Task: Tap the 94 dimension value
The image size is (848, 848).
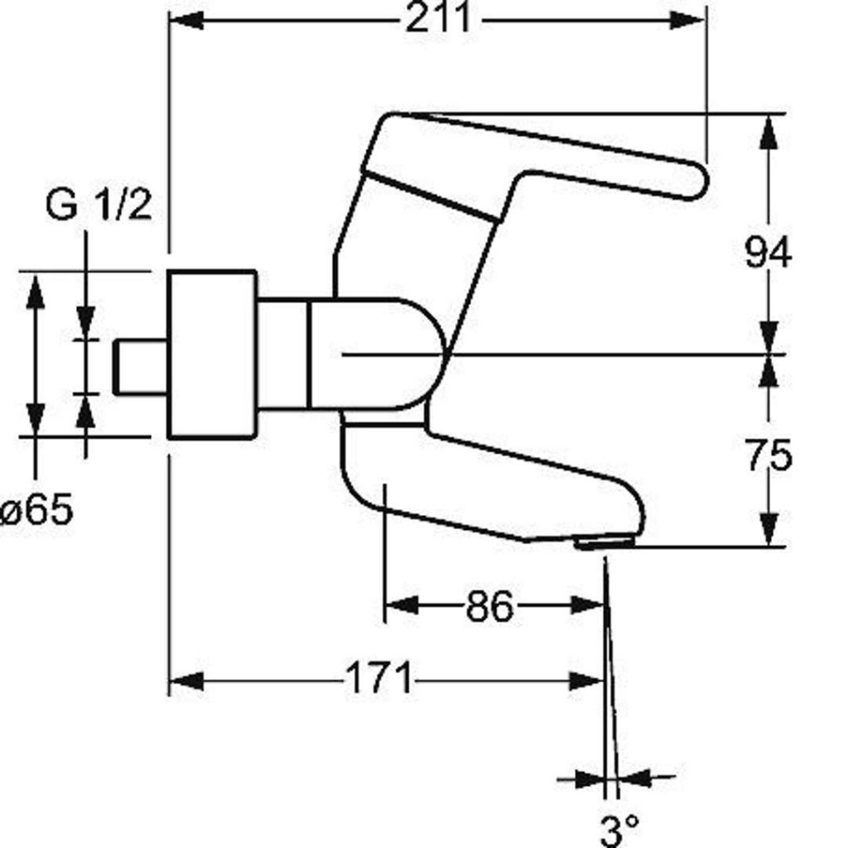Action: [x=768, y=252]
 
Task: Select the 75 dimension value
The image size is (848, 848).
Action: [x=768, y=455]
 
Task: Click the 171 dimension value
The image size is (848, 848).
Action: [x=378, y=679]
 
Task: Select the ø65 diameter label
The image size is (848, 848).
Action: [x=36, y=509]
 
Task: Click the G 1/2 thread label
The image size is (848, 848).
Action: [x=99, y=205]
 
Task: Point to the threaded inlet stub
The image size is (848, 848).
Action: [x=141, y=367]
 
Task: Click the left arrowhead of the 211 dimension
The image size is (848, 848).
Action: [x=186, y=22]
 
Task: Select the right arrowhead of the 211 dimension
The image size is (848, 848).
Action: [x=688, y=22]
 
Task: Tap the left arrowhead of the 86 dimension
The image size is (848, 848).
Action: [x=402, y=605]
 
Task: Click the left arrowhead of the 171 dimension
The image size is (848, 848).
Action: [x=186, y=681]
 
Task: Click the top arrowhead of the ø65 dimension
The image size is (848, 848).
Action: [x=36, y=291]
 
